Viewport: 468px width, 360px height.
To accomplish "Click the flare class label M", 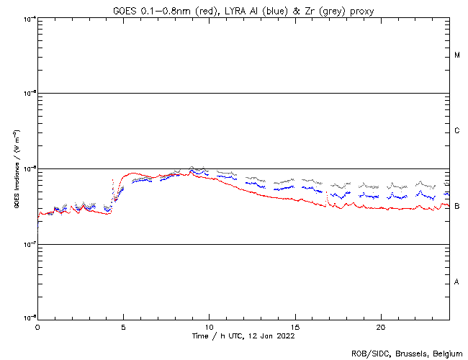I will coord(457,55).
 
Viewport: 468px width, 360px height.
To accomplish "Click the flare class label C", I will coord(457,131).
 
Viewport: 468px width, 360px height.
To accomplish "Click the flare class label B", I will coord(457,207).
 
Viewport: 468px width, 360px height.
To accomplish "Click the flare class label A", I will coord(457,282).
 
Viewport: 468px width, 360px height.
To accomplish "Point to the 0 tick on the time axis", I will coord(37,326).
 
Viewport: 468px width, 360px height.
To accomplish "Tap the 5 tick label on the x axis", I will coord(123,326).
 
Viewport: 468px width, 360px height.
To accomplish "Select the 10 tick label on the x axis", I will coord(209,326).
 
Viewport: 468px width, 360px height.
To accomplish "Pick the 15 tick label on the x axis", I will coord(295,326).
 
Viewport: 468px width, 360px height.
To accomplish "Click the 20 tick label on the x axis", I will coord(381,326).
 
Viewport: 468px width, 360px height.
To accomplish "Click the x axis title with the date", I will coord(243,336).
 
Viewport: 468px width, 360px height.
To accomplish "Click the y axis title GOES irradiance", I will coord(17,170).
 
